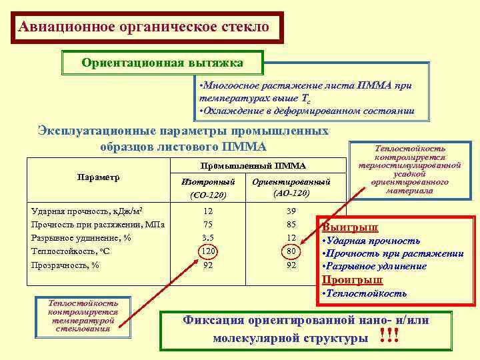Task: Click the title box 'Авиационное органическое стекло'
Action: [145, 28]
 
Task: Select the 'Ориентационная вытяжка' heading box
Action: [162, 63]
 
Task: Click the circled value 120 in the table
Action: [209, 251]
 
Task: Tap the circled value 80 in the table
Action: [291, 251]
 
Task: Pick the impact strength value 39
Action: [291, 211]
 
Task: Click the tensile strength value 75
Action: [209, 224]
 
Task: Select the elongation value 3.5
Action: [209, 237]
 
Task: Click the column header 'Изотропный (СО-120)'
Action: [209, 187]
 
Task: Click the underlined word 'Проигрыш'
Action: [352, 279]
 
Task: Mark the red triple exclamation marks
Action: [389, 335]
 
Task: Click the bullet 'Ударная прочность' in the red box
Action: [373, 240]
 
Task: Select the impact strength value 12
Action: [209, 211]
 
